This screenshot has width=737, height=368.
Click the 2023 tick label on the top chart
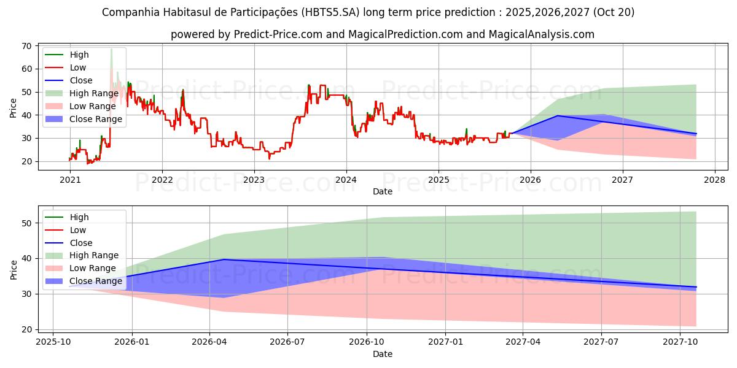[x=254, y=180]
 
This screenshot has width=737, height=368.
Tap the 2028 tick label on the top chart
[x=714, y=180]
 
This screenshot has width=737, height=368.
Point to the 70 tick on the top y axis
[x=28, y=46]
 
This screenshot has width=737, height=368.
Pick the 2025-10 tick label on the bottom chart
[x=53, y=342]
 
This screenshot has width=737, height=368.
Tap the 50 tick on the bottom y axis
[x=28, y=223]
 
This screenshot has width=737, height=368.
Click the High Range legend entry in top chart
[x=94, y=93]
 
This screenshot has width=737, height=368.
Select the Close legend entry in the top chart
[x=81, y=80]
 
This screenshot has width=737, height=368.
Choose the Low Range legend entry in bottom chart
[x=93, y=268]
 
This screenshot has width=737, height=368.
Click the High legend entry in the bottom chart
[x=79, y=217]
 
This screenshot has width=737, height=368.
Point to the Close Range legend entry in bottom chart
[x=96, y=281]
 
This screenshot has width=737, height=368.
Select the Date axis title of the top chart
[x=383, y=191]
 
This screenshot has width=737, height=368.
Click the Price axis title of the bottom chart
[x=14, y=269]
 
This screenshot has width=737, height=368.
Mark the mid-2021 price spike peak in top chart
[x=111, y=49]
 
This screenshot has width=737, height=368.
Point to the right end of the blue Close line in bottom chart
[x=696, y=287]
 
